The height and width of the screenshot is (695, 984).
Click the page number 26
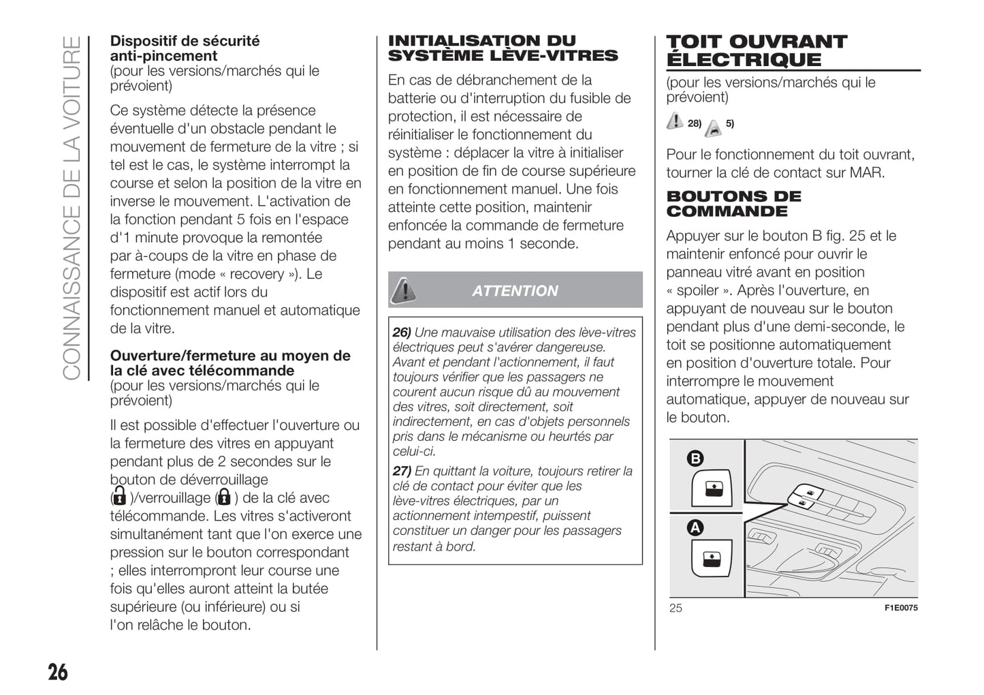58,672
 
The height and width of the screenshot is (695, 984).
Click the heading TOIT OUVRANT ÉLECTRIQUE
756,50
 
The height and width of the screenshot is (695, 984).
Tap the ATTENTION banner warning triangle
404,290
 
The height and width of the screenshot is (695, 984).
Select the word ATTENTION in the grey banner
515,291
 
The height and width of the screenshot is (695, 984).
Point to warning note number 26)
402,333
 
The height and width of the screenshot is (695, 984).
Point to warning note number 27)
402,471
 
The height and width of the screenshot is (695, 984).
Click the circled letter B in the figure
695,459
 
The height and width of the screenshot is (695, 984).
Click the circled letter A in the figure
695,527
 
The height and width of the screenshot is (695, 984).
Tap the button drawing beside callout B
712,489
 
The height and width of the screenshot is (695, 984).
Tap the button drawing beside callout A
712,558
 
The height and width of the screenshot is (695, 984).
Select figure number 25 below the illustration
675,608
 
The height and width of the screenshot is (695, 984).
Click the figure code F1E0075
900,608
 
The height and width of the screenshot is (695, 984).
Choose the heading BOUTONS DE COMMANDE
733,204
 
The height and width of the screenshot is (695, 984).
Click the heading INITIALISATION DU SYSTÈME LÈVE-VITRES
503,48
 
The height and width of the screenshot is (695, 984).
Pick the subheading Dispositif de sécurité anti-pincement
185,48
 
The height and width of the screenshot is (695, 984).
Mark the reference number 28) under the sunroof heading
695,123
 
